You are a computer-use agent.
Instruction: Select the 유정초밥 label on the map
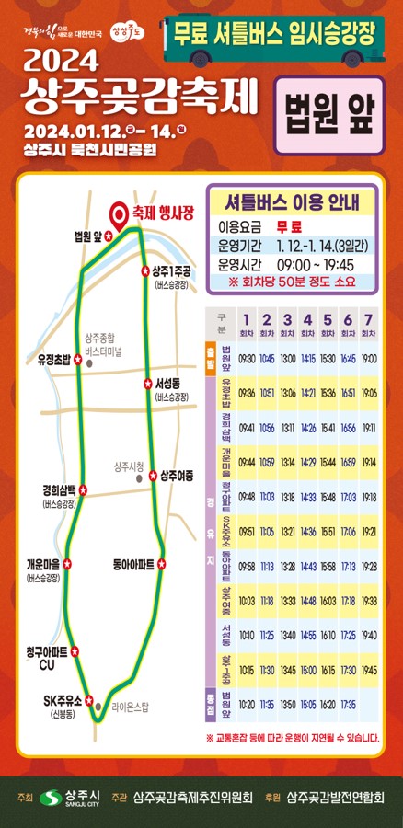[53, 360]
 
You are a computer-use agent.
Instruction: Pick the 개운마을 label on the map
[43, 564]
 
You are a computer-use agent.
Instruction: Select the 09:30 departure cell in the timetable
[247, 358]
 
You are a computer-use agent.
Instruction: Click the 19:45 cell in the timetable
[369, 669]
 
